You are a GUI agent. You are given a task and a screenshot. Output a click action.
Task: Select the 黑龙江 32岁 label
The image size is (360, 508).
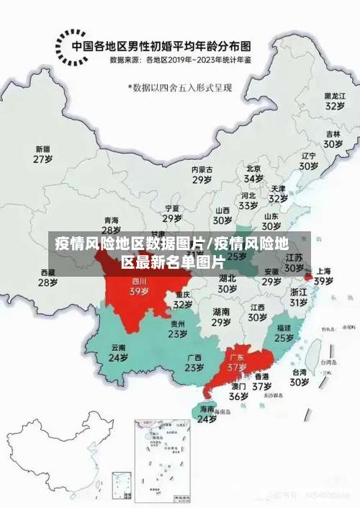(333, 100)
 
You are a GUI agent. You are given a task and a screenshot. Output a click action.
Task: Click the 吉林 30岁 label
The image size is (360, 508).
(332, 138)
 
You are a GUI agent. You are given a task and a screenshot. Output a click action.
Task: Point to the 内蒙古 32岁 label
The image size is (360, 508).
(202, 175)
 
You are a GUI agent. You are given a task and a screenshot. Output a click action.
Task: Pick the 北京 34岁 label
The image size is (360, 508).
(253, 173)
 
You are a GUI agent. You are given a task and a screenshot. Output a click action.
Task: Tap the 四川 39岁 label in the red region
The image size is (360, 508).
(139, 287)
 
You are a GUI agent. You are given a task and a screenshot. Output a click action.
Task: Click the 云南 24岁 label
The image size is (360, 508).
(118, 352)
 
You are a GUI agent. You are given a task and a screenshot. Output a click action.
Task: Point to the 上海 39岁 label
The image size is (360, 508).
(323, 276)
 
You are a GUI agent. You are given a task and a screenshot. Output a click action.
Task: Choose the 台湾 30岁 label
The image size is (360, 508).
(299, 378)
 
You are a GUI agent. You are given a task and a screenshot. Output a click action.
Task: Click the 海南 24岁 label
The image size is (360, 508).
(207, 414)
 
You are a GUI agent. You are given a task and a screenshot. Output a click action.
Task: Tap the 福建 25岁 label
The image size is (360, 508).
(284, 332)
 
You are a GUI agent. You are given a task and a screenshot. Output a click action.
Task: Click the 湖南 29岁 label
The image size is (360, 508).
(221, 317)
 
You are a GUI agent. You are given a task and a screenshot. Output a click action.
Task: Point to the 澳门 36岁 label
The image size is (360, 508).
(238, 391)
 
